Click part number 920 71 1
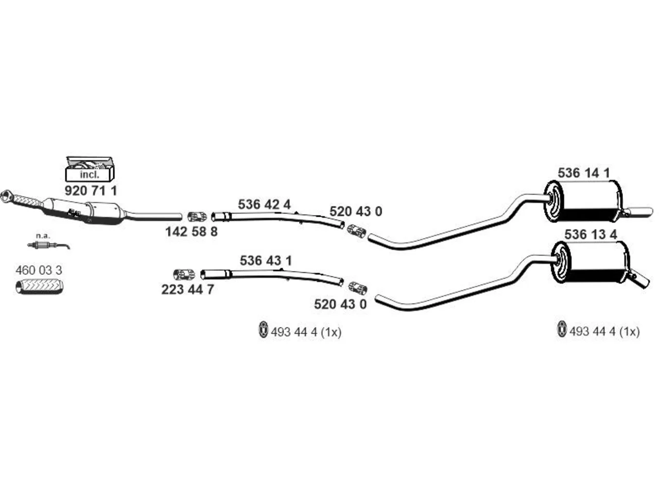point(91,191)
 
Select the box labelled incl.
point(90,169)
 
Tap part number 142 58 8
point(192,232)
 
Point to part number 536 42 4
point(264,205)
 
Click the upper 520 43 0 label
point(356,212)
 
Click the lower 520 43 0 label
point(340,305)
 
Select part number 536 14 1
point(584,173)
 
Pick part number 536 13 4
point(591,235)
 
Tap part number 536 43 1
point(266,261)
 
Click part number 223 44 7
point(187,290)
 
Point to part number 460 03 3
point(39,271)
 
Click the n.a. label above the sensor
point(43,236)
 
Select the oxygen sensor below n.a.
point(48,245)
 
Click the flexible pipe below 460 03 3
point(40,287)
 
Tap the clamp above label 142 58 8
point(197,217)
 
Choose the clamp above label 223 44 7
point(184,274)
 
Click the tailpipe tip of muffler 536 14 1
point(640,211)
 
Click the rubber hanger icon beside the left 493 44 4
point(263,330)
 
